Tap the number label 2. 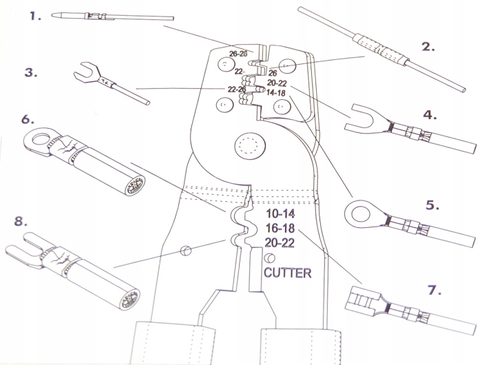coord(428,47)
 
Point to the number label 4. coord(430,115)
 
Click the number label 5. coord(432,205)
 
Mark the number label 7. coord(432,290)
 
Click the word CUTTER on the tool coord(287,273)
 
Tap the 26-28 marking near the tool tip coord(238,52)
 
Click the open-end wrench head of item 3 coord(87,70)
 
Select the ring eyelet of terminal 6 coord(39,140)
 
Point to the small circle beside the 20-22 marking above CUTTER coord(260,258)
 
